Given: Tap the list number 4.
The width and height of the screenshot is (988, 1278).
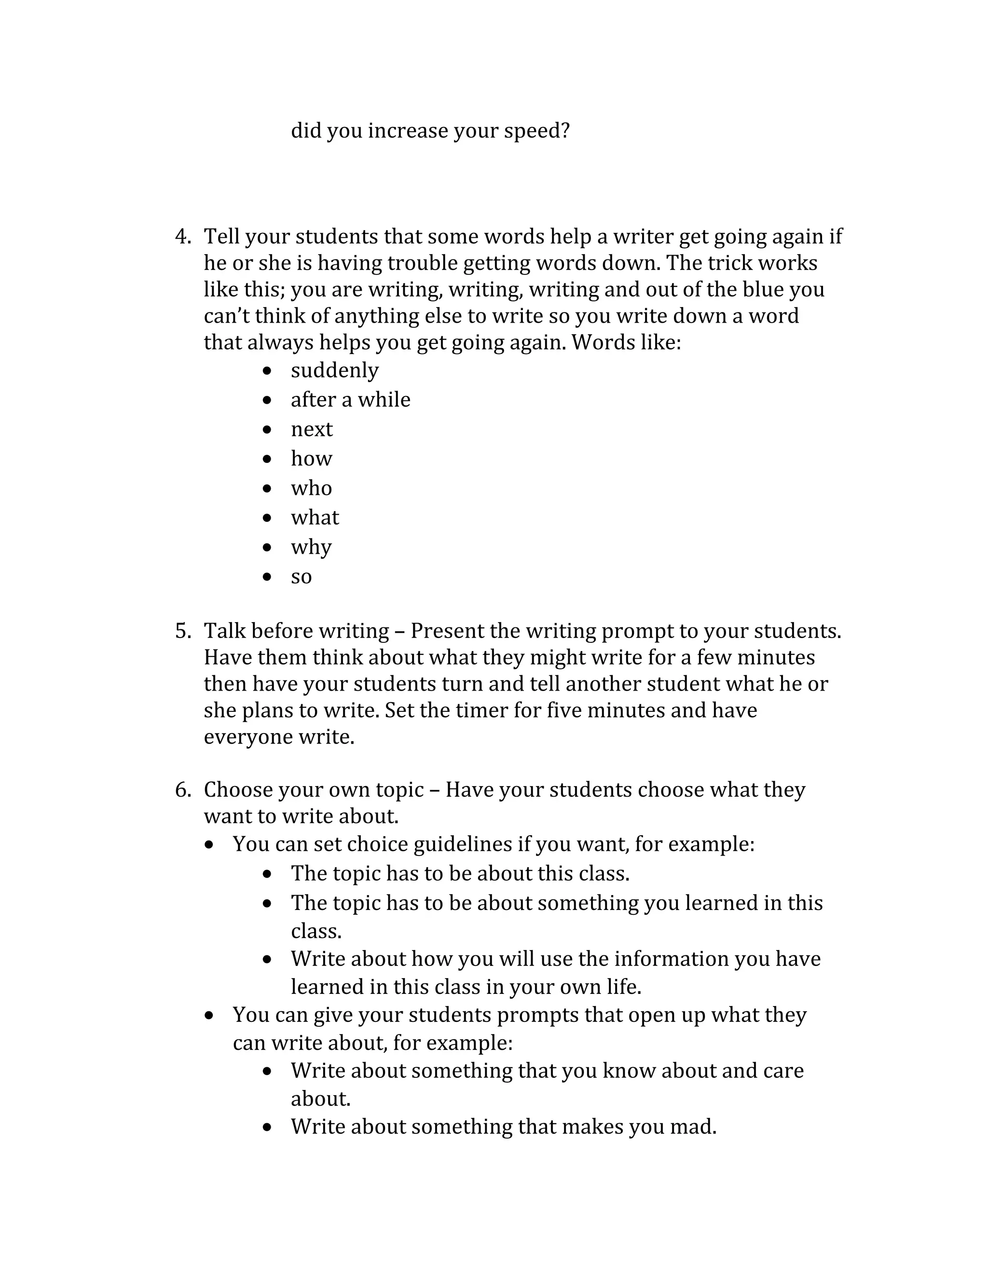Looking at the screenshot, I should coord(183,237).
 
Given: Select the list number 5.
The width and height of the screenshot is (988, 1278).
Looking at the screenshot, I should coord(183,631).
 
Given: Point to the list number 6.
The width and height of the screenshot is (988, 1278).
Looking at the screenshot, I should coord(183,790).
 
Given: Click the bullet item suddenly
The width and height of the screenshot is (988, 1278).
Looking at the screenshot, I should coord(335,371).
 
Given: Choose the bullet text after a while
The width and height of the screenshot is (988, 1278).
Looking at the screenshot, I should coord(351,400).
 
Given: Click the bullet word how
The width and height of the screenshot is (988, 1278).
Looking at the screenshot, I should coord(311,459).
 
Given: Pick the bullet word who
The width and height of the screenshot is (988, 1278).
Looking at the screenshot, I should coord(311,489).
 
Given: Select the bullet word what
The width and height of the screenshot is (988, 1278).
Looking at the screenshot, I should coord(315,518).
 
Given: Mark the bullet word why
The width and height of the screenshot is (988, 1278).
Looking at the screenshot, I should coord(311,548).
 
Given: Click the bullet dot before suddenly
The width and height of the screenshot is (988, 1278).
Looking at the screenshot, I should coord(267,371).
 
